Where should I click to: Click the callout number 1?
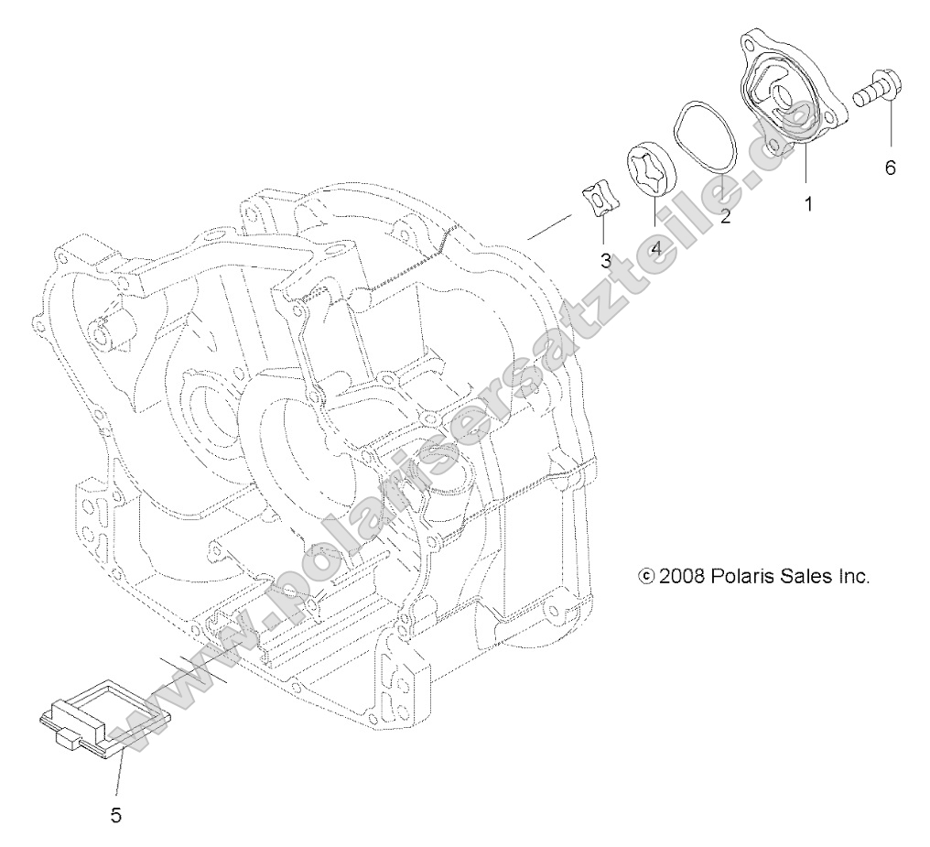[x=808, y=204]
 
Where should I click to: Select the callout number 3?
[x=605, y=260]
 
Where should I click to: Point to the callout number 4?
[x=655, y=247]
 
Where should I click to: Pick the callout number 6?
[x=890, y=168]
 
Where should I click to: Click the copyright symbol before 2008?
[x=646, y=577]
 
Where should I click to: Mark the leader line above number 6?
[x=890, y=128]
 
